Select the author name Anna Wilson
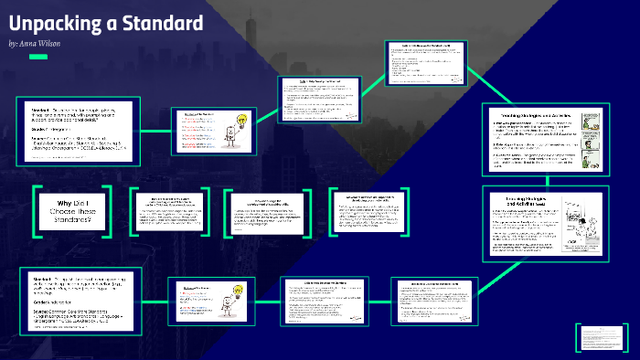point(43,43)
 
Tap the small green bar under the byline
point(37,58)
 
